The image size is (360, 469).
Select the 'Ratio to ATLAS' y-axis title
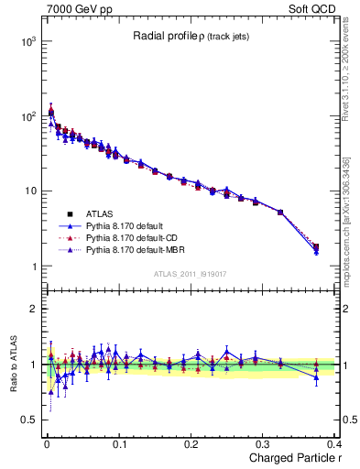12,364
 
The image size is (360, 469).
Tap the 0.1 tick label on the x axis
119,444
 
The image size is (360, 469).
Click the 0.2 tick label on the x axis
191,444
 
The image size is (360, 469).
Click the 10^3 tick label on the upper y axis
27,41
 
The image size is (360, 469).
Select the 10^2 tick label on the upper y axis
27,116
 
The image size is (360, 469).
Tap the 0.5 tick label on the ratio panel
27,420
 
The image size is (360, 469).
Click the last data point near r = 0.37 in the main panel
316,247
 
